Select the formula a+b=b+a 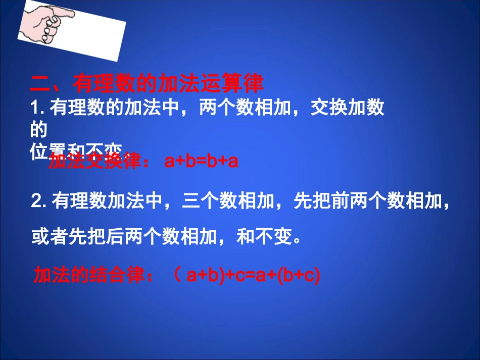click(x=201, y=162)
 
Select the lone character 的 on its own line click(x=39, y=130)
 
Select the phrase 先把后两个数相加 click(x=147, y=236)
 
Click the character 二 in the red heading click(x=40, y=84)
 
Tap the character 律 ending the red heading click(x=255, y=84)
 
